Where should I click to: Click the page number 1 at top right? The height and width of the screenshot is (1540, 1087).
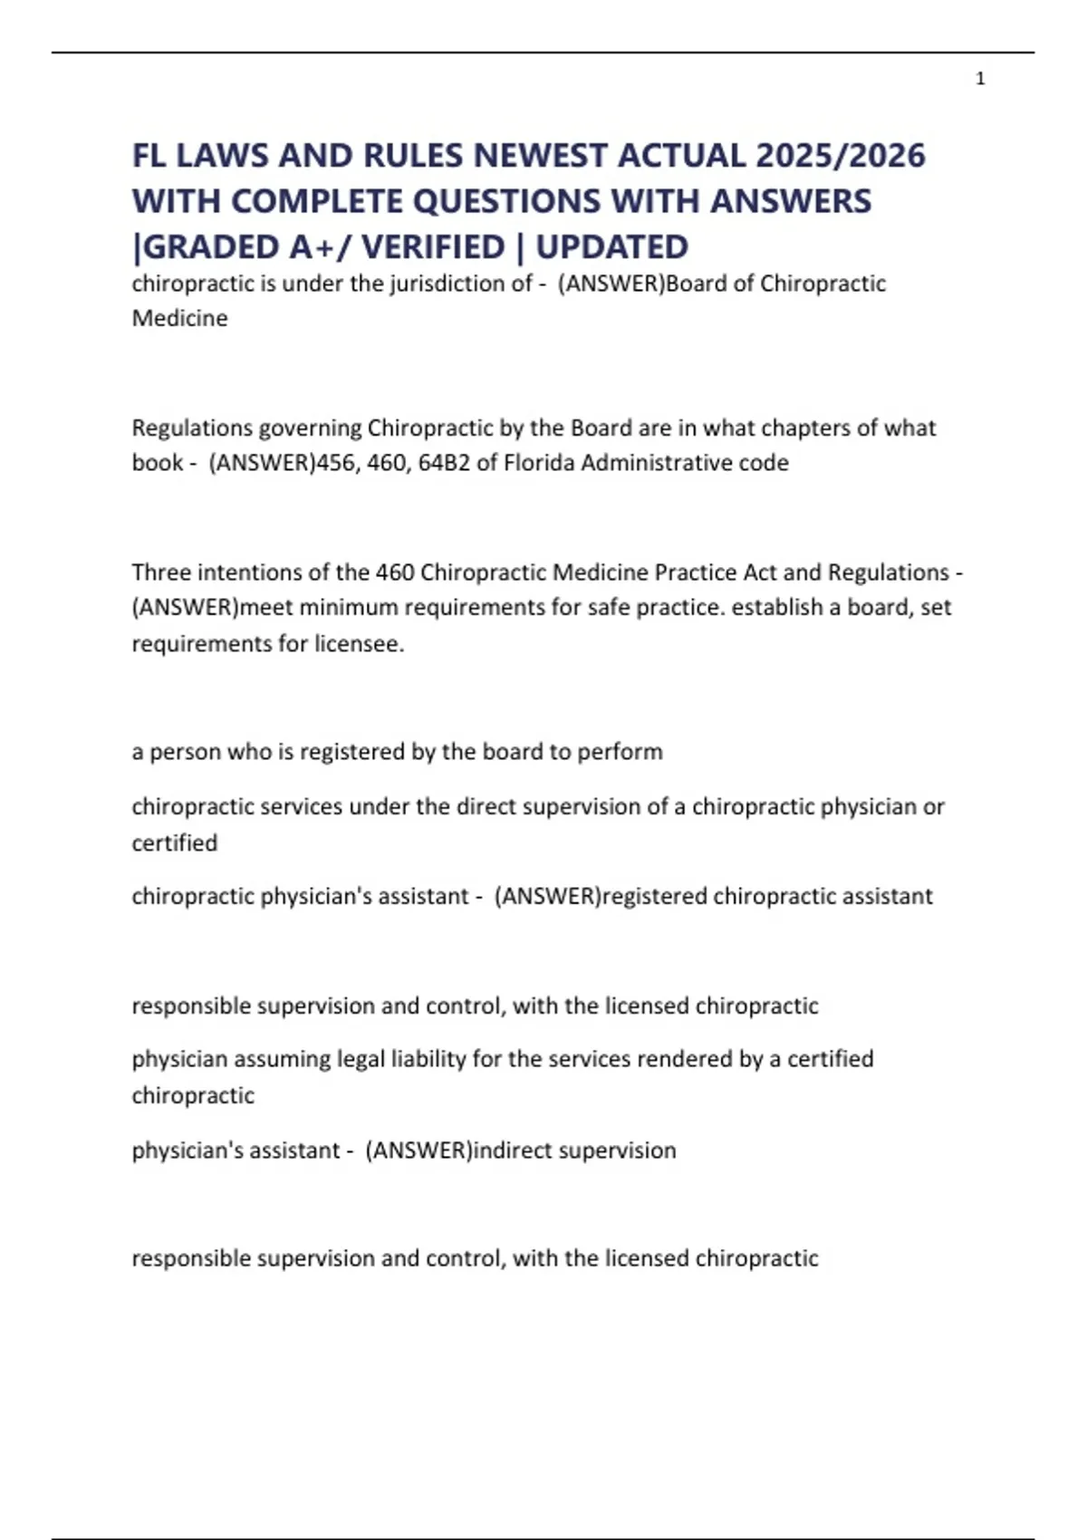click(x=980, y=79)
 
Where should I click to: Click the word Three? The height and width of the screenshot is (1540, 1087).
click(x=161, y=573)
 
